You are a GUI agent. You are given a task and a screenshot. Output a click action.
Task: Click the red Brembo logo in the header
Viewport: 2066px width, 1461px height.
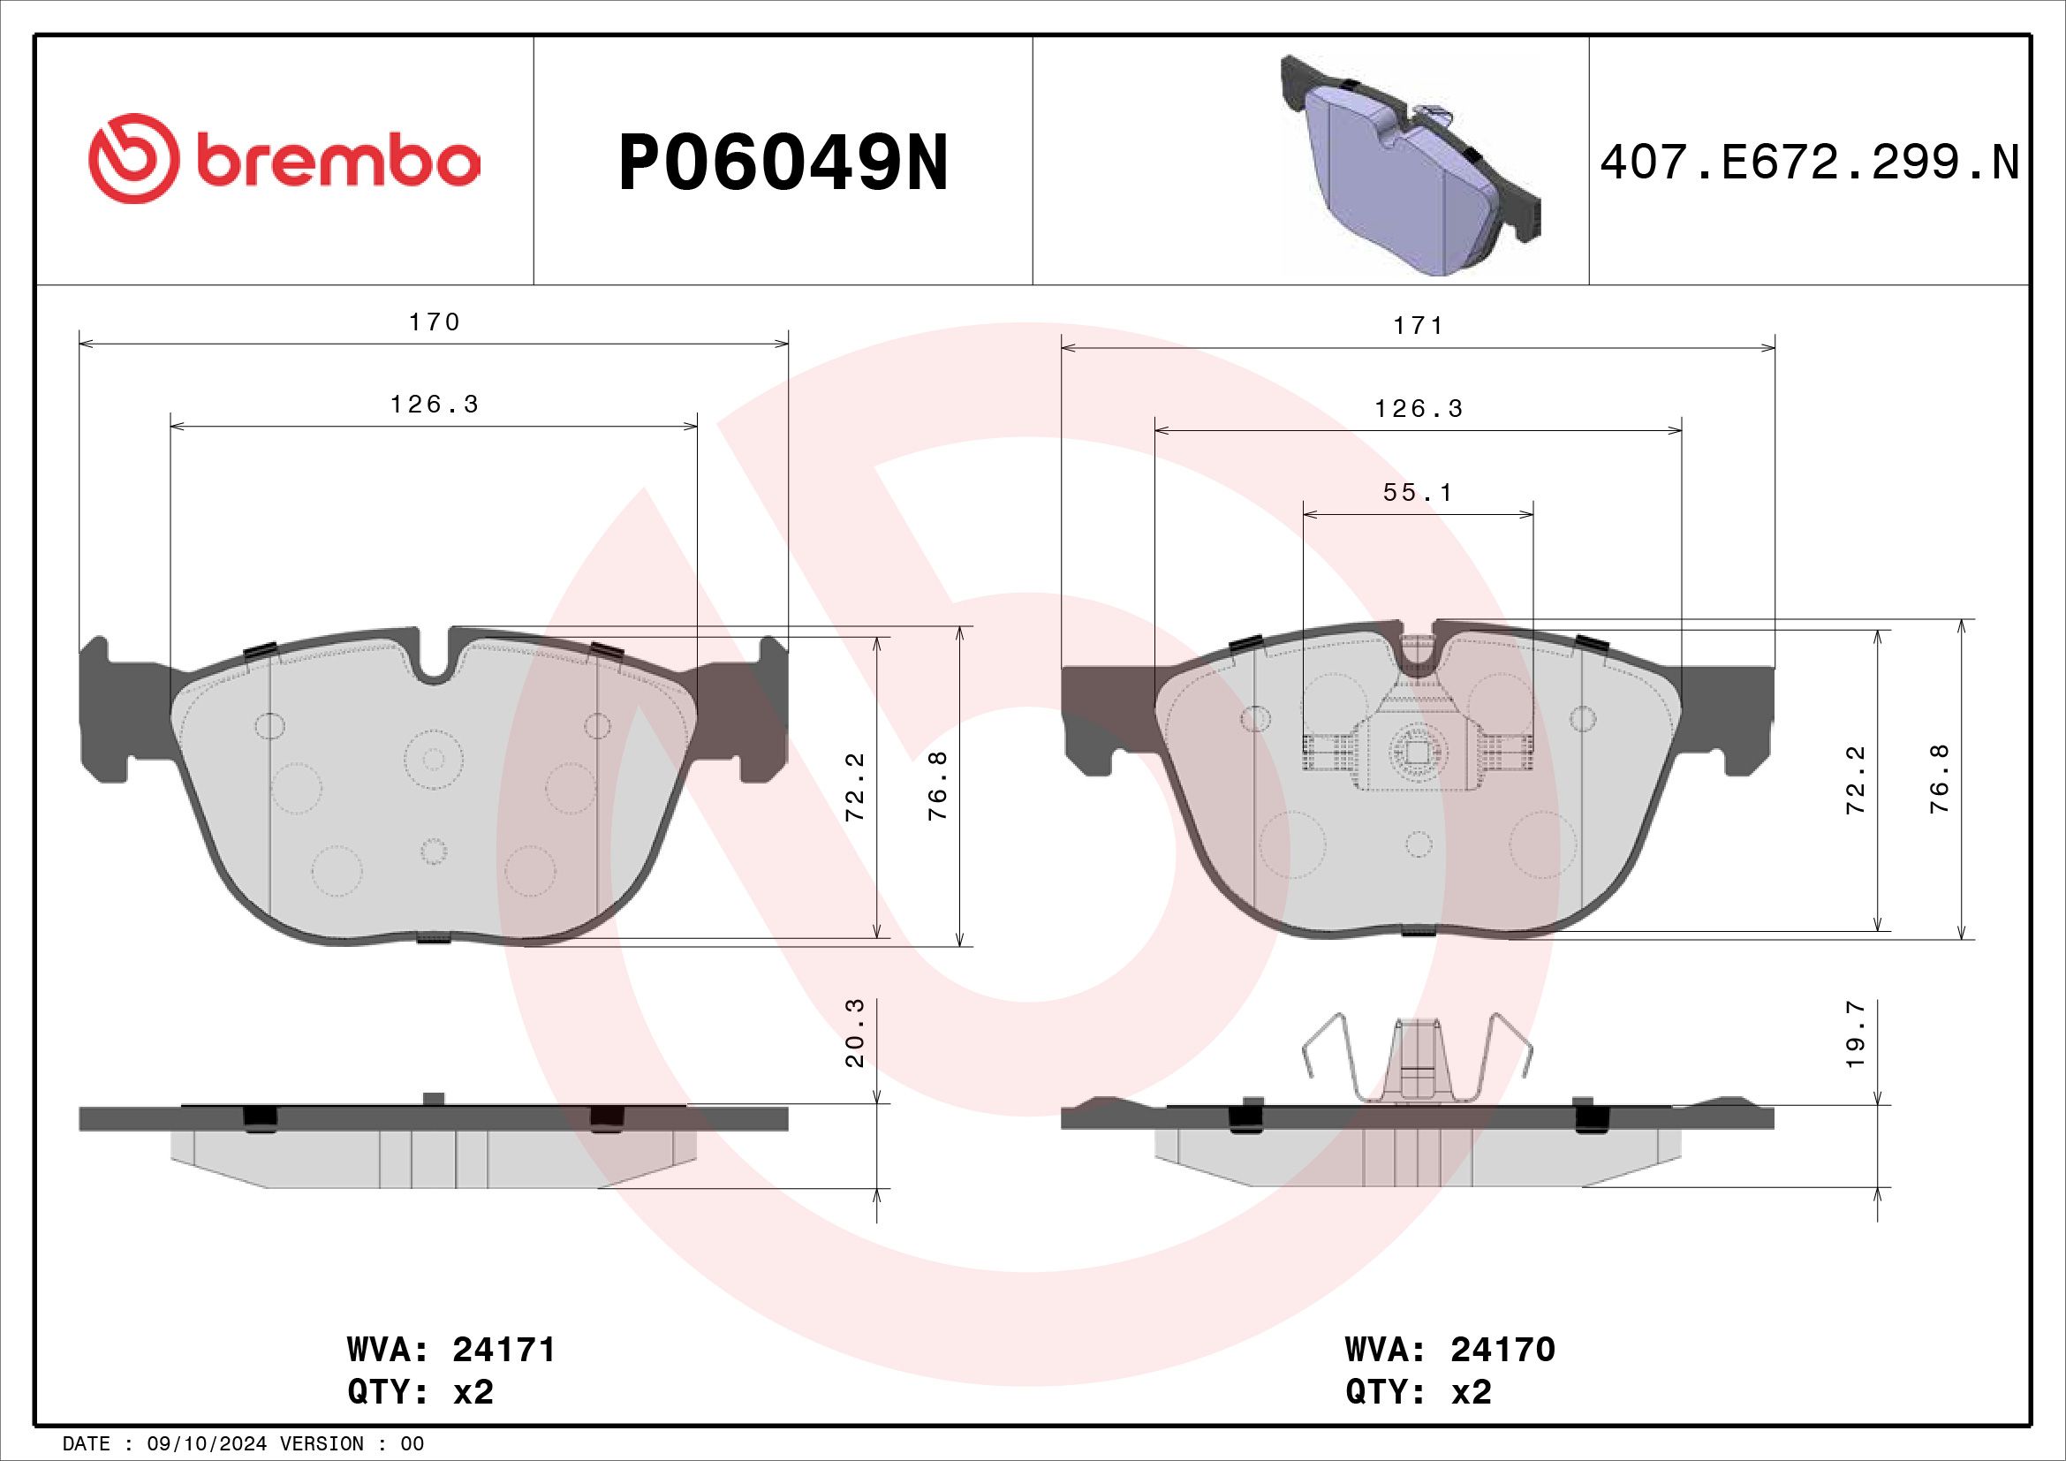(x=284, y=159)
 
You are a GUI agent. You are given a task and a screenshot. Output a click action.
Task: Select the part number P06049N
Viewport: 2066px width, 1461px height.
(x=783, y=163)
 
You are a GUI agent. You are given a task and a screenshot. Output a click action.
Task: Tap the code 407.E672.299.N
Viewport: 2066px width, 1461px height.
(x=1810, y=163)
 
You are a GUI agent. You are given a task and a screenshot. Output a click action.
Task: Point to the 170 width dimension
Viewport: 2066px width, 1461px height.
(x=435, y=322)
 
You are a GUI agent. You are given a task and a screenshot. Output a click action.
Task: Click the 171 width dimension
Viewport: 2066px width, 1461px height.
(x=1419, y=326)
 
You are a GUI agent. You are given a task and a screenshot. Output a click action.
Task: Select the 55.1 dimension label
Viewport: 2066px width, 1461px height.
(x=1419, y=493)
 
